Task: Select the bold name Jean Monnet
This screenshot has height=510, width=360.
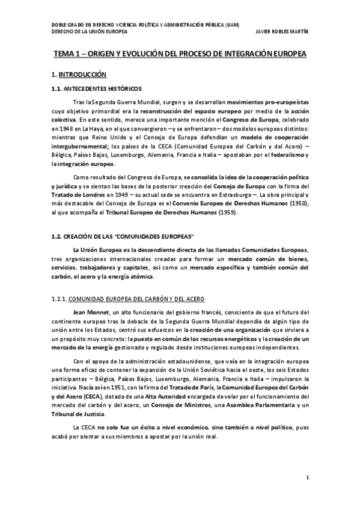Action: point(87,313)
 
